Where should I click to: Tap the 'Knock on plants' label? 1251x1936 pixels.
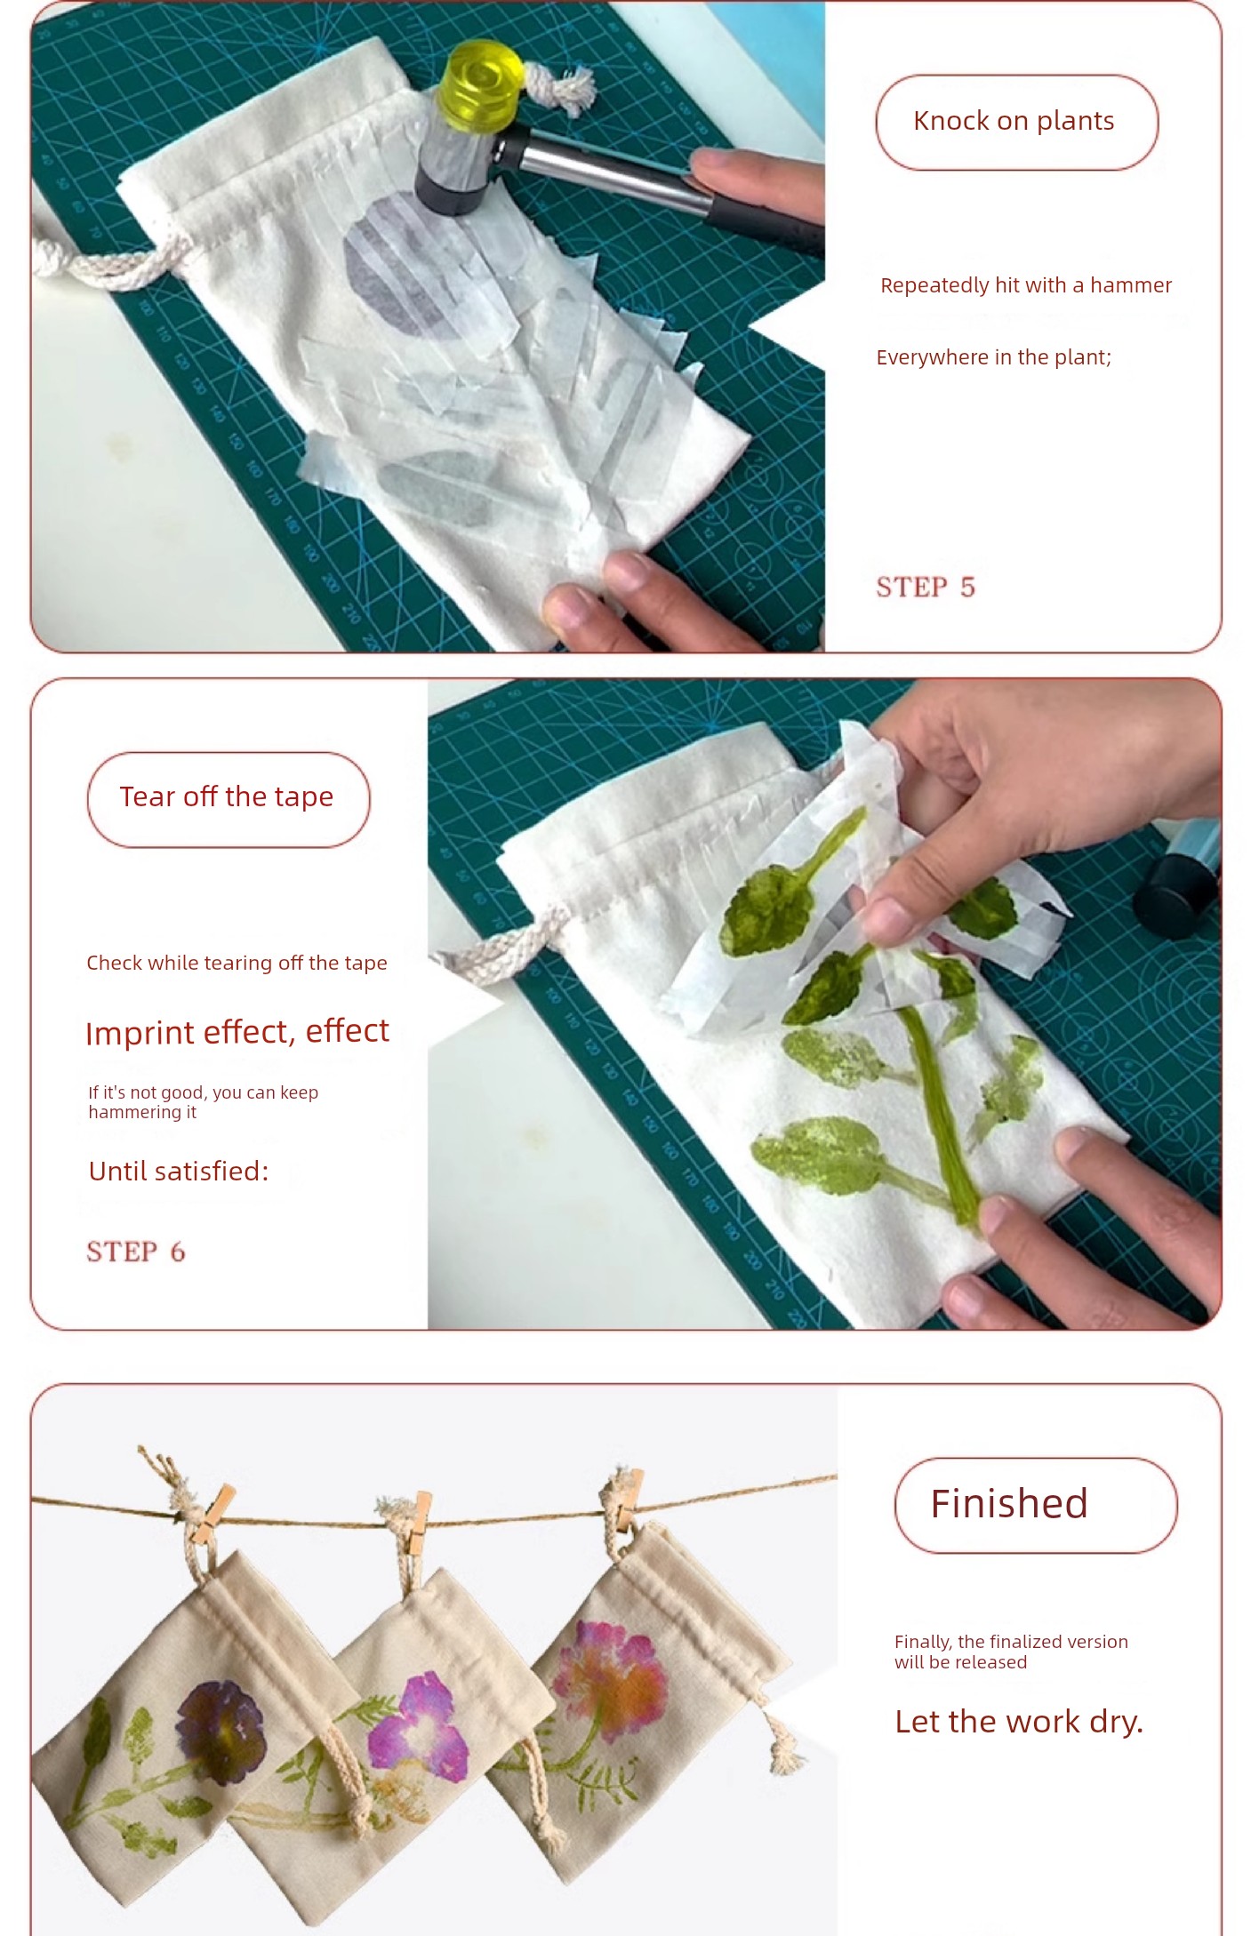pos(1014,121)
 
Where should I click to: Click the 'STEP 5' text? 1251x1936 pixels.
pos(926,587)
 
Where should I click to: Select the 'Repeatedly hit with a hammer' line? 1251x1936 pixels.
pos(1026,285)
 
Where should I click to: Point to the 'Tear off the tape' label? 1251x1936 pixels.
pos(227,797)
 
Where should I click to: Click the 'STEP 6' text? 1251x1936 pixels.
pos(136,1252)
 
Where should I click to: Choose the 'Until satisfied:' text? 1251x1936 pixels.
pos(179,1171)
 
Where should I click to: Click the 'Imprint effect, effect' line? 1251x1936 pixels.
pos(237,1032)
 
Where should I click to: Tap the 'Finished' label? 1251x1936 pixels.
pos(1009,1503)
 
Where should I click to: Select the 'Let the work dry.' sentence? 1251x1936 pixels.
pos(1019,1722)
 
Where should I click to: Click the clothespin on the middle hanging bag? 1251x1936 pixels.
pos(418,1522)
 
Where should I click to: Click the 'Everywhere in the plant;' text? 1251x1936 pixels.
pos(994,357)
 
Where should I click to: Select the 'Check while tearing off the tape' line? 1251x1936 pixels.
pos(237,963)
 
